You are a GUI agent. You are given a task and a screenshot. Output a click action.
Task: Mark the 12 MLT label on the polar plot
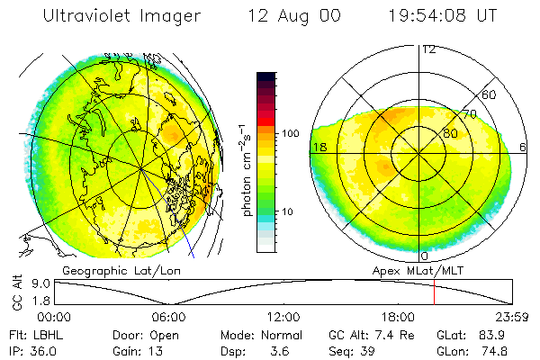(x=428, y=49)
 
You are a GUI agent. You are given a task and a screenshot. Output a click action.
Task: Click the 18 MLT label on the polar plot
(x=319, y=147)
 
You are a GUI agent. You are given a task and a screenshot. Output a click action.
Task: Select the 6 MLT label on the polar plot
(x=524, y=147)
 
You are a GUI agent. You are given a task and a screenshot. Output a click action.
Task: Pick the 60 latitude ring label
(x=490, y=94)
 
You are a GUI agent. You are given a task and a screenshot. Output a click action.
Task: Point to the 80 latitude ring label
(x=450, y=134)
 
